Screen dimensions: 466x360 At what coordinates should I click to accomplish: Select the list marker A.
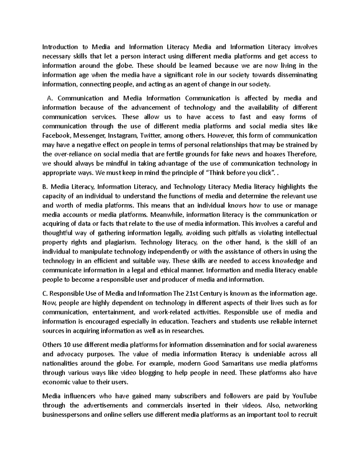(50, 98)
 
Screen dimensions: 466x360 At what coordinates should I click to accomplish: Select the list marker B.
(45, 187)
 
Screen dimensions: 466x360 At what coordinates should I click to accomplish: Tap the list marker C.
(45, 294)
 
